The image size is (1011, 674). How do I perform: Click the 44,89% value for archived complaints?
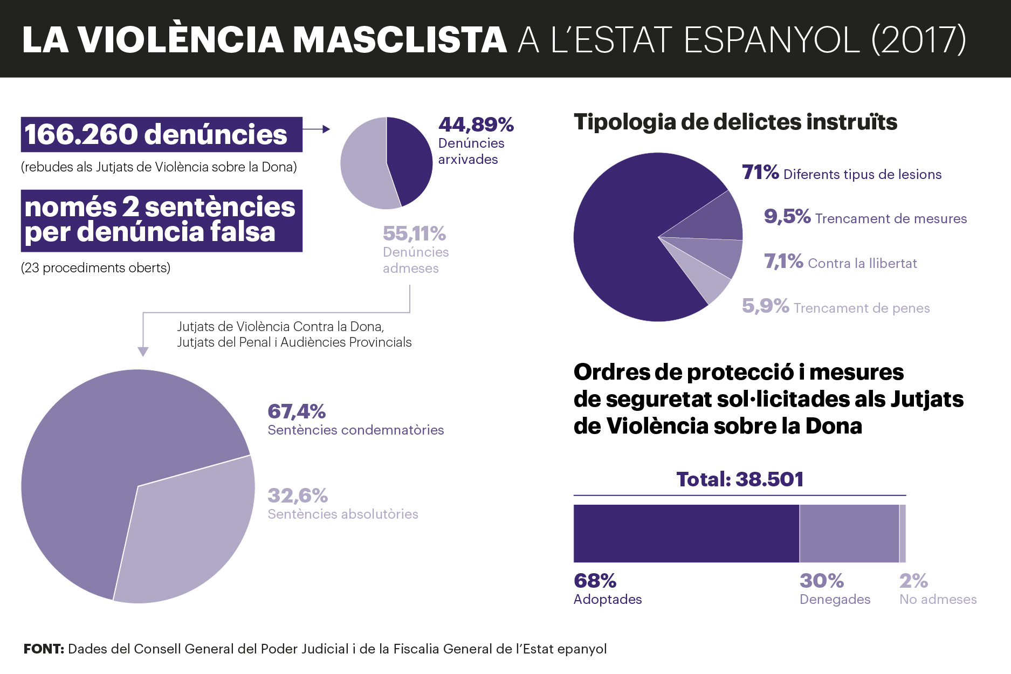coord(476,125)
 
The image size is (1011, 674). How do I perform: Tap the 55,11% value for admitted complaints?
coord(414,233)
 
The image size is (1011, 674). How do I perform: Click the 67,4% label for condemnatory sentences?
coord(297,411)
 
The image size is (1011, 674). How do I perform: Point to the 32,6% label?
coord(298,496)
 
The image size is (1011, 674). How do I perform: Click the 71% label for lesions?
coord(760,173)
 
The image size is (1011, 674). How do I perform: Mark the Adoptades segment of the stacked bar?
coord(686,534)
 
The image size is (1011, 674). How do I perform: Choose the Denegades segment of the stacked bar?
coord(849,534)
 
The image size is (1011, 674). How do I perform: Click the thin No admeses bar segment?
coord(903,534)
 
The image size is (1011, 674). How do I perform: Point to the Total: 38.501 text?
coord(740,479)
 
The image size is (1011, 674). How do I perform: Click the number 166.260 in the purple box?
coord(81,134)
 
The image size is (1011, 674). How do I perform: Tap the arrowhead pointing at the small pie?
coord(326,129)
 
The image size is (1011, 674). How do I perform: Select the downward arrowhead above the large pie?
coord(143,352)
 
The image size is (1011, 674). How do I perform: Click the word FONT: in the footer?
coord(44,649)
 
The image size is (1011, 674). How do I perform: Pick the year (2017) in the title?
coord(919,39)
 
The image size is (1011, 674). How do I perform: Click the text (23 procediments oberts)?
coord(95,268)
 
